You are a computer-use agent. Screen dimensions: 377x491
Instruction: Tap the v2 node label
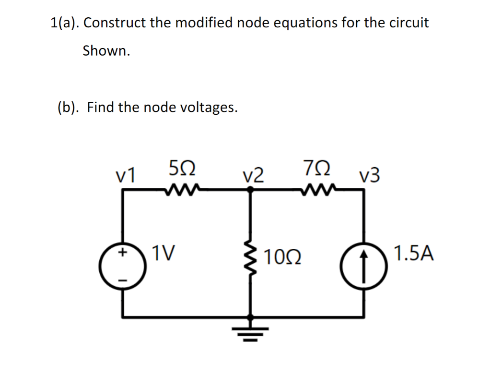(x=253, y=176)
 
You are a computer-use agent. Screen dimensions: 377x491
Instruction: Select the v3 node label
(x=370, y=176)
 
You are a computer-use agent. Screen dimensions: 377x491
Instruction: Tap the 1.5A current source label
(x=414, y=253)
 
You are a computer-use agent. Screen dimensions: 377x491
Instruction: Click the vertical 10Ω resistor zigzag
(x=250, y=262)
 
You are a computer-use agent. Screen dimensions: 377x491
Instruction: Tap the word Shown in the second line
(x=106, y=50)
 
